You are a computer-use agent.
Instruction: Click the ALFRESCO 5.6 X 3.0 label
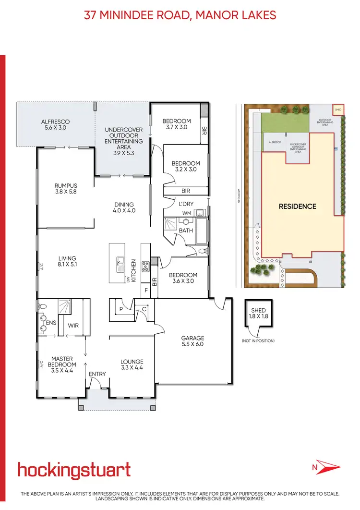pos(55,125)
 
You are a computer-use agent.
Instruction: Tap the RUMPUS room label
pos(66,189)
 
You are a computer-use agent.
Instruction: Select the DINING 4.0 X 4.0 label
pos(124,207)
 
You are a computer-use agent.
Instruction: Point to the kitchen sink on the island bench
pos(120,263)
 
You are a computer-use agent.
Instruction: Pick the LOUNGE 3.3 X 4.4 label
pos(132,364)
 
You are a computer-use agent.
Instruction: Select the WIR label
pos(73,326)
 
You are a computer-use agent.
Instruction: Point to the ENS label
pos(51,323)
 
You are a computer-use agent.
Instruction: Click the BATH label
pos(186,231)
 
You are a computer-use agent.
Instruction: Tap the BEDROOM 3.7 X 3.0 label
pos(176,124)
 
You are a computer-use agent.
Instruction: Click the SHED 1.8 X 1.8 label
pos(258,314)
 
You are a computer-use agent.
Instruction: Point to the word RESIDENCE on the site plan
pos(298,206)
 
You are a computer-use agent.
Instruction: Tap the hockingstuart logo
pos(74,470)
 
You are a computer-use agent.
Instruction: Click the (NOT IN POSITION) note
pos(258,341)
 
